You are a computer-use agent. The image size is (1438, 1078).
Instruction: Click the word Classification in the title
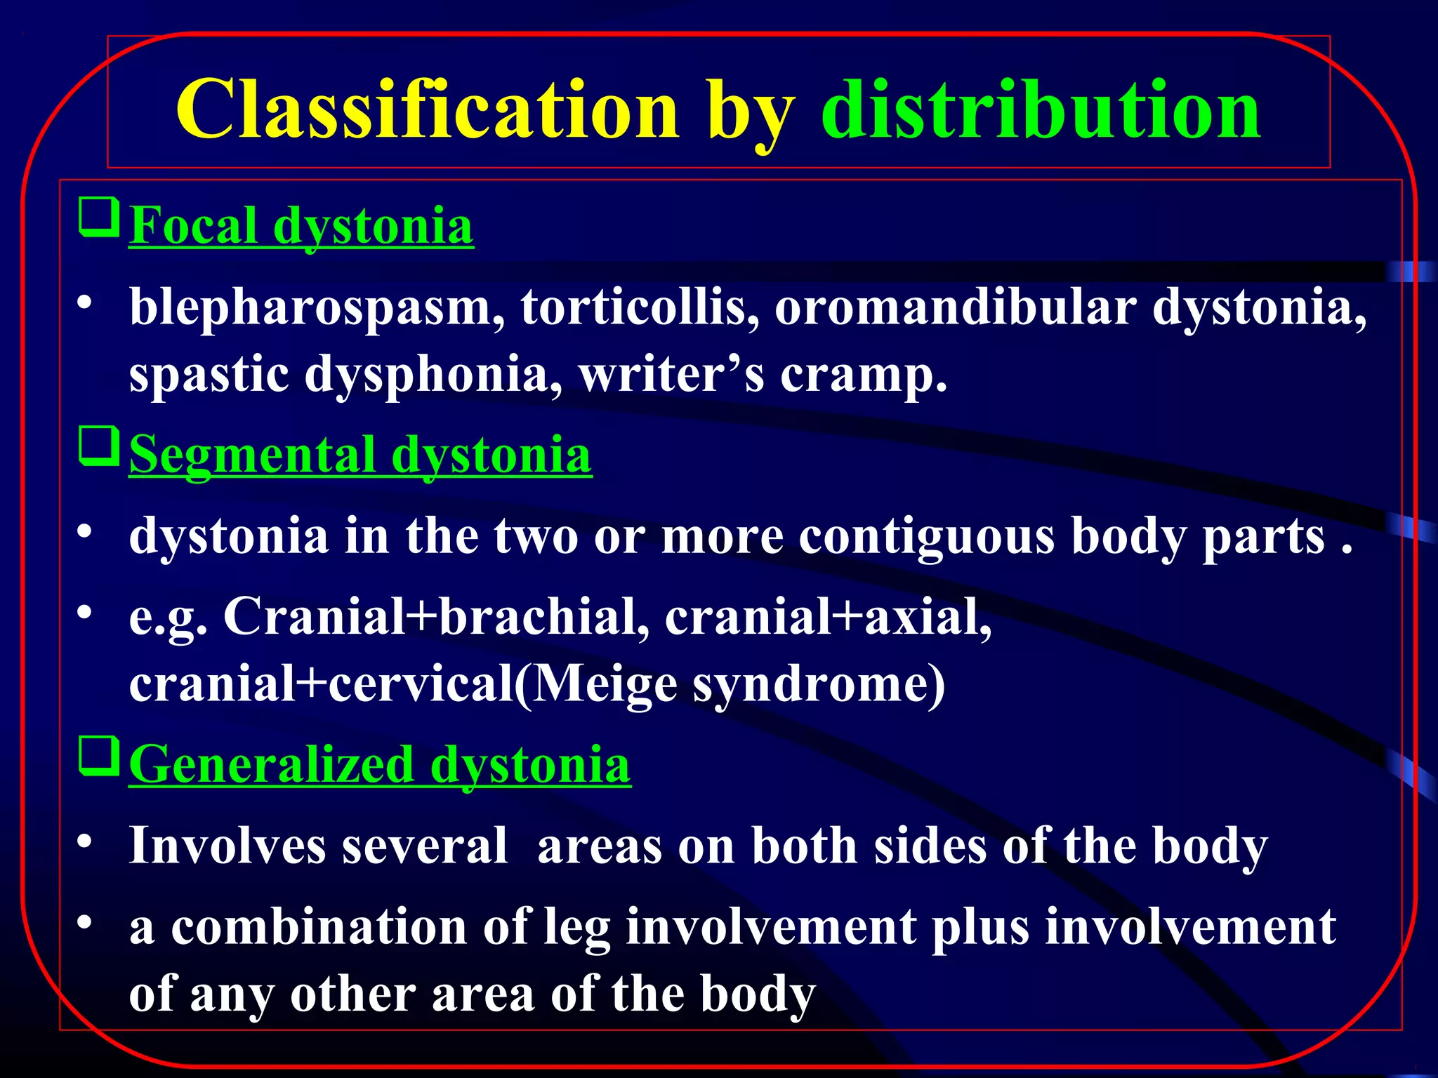click(x=427, y=110)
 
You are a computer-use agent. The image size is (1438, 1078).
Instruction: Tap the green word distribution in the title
click(x=1041, y=110)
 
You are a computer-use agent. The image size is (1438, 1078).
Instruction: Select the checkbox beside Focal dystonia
click(x=98, y=217)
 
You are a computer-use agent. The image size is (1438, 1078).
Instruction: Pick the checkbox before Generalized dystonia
click(x=98, y=756)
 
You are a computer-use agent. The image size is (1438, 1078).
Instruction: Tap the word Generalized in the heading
click(x=272, y=765)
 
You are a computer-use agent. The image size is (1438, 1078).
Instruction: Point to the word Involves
click(x=227, y=845)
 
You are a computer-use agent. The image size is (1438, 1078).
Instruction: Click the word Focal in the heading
click(x=193, y=227)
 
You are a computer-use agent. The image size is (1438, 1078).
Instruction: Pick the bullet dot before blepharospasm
click(x=85, y=303)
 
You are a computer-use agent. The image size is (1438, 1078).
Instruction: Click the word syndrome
click(x=818, y=684)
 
